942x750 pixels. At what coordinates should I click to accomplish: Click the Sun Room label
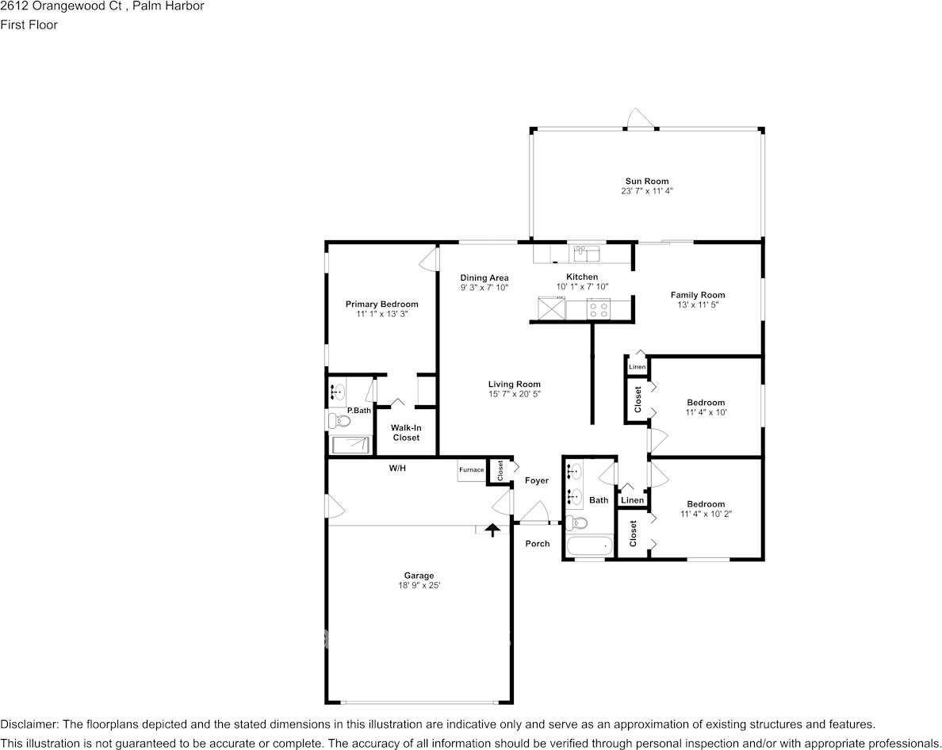pyautogui.click(x=646, y=182)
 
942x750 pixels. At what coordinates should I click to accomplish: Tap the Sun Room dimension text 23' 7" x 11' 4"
pyautogui.click(x=646, y=191)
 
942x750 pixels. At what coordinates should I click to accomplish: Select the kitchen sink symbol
pyautogui.click(x=587, y=254)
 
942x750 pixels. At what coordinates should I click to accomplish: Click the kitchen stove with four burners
pyautogui.click(x=599, y=309)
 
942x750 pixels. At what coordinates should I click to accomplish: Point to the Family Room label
pyautogui.click(x=698, y=295)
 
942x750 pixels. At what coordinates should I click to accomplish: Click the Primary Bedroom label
pyautogui.click(x=381, y=304)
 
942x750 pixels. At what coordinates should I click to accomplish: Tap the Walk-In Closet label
pyautogui.click(x=406, y=433)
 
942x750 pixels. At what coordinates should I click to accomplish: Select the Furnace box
pyautogui.click(x=471, y=470)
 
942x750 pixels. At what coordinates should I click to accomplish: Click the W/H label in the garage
pyautogui.click(x=397, y=469)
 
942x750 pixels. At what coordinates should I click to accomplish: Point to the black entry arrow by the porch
pyautogui.click(x=492, y=529)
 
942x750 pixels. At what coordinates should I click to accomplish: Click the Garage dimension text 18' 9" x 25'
pyautogui.click(x=419, y=585)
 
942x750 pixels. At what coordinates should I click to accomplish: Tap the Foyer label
pyautogui.click(x=537, y=480)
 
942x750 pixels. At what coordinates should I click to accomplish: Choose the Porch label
pyautogui.click(x=538, y=544)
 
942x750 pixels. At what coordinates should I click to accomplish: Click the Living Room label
pyautogui.click(x=515, y=385)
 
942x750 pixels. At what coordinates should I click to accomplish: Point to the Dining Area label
pyautogui.click(x=484, y=277)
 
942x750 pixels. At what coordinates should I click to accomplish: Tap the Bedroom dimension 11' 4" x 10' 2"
pyautogui.click(x=706, y=514)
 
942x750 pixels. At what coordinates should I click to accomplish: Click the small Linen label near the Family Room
pyautogui.click(x=637, y=367)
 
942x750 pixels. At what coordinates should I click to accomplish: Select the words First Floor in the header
pyautogui.click(x=29, y=25)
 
